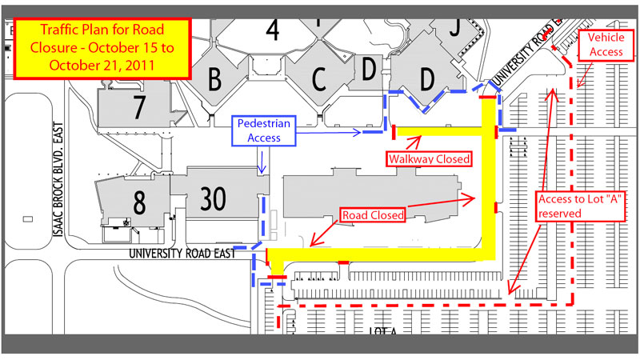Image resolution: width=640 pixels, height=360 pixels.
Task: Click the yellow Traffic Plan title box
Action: pos(102,48)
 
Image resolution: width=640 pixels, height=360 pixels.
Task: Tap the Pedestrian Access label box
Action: pos(264,130)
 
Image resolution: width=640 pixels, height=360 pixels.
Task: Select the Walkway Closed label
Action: pos(429,158)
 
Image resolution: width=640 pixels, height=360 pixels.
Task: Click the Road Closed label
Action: pos(373,215)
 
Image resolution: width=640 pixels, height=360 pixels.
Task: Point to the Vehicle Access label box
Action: pos(606,45)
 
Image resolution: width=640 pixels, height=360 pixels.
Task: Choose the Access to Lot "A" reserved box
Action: pos(580,206)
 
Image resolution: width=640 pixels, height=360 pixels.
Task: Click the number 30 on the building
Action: pos(213,198)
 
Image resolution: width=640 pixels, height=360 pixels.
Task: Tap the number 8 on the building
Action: pos(139,202)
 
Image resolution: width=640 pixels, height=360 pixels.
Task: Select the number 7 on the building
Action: pos(138,107)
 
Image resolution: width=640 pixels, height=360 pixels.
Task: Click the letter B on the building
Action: pos(214,78)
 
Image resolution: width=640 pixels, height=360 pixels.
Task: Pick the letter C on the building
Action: pos(318,78)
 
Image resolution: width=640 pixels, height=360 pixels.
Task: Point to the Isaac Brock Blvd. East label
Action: pos(58,179)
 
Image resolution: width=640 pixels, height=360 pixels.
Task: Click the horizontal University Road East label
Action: pos(182,254)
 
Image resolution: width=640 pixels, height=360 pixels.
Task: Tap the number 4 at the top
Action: pos(272,30)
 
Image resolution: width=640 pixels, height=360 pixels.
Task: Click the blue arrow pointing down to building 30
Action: pos(262,160)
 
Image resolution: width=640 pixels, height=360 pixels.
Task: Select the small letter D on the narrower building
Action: pos(369,70)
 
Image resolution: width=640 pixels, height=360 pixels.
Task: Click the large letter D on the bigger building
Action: pos(427,78)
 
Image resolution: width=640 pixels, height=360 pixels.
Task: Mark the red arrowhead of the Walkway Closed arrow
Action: pos(415,140)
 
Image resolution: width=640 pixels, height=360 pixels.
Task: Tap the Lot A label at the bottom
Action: pos(382,331)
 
